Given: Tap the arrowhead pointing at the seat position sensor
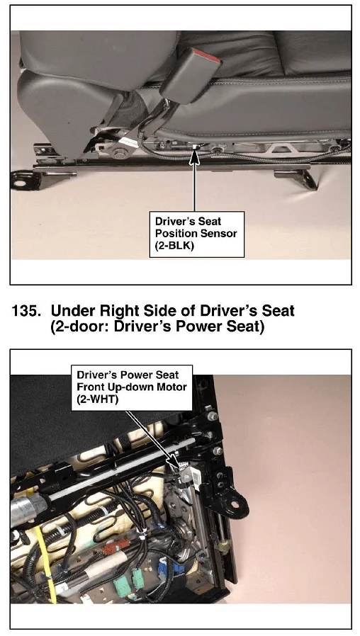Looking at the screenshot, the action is tap(194, 155).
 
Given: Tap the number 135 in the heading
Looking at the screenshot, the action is tap(26, 311).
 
